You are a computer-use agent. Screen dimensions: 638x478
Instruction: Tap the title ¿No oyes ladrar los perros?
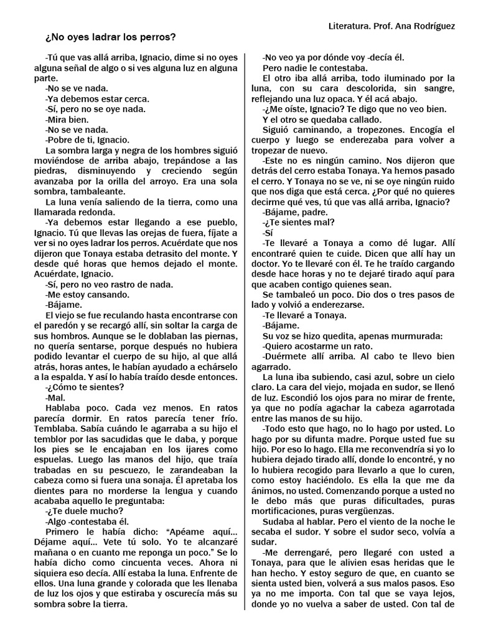pyautogui.click(x=111, y=37)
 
